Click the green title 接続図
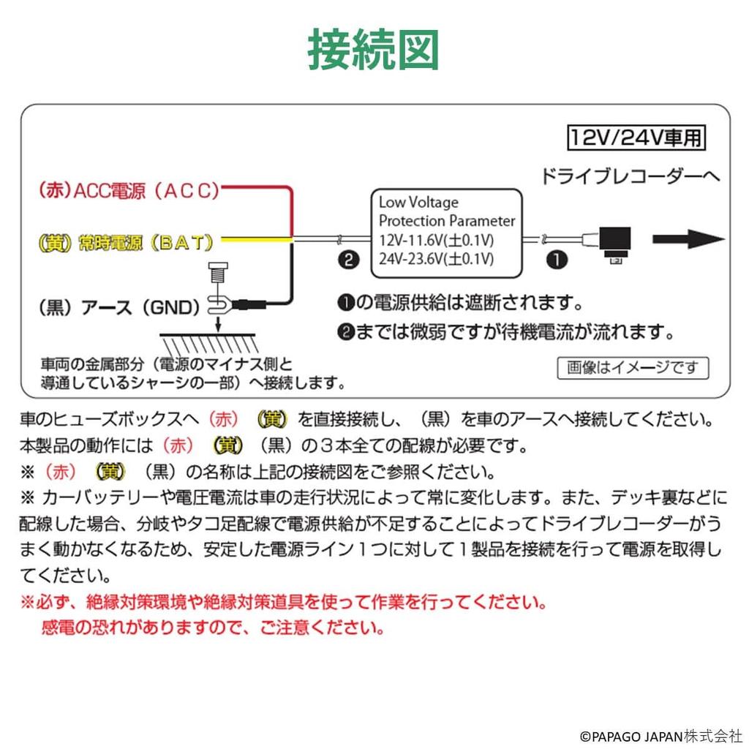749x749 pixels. click(373, 49)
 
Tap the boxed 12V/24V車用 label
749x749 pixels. click(638, 137)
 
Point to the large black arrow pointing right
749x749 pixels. click(688, 239)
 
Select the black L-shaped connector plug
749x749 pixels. click(613, 242)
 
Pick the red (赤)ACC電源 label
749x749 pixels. click(129, 192)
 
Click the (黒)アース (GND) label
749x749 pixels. click(119, 307)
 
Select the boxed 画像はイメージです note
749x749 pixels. click(633, 367)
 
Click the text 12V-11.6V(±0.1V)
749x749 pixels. click(437, 240)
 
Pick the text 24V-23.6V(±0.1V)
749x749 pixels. click(437, 258)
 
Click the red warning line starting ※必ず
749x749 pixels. click(283, 603)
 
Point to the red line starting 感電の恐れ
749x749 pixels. click(214, 628)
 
